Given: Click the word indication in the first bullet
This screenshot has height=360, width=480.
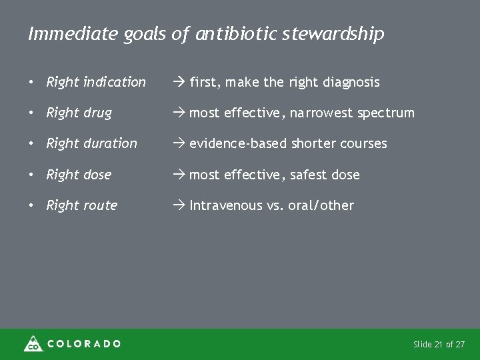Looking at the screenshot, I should click(x=114, y=82).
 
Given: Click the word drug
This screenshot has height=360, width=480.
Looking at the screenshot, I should click(x=97, y=113).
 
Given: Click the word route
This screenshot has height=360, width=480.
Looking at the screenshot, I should click(x=99, y=205).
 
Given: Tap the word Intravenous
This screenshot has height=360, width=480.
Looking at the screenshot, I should click(x=226, y=205).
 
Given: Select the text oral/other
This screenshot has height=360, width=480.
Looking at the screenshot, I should click(x=322, y=205).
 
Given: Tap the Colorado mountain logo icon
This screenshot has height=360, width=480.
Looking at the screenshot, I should click(x=33, y=343).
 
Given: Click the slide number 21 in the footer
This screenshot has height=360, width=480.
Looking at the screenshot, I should click(x=438, y=345).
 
